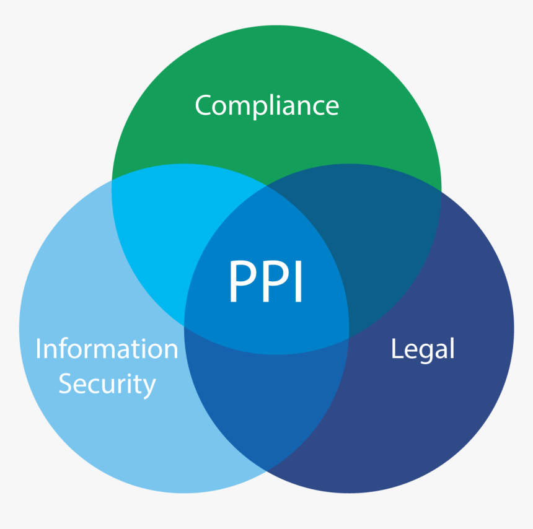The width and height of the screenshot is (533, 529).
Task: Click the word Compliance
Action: [266, 105]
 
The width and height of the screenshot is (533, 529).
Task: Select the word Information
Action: [107, 349]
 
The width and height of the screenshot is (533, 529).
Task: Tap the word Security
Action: [107, 384]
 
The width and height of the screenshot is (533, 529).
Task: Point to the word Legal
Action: [423, 349]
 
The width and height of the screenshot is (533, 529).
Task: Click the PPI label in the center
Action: [266, 282]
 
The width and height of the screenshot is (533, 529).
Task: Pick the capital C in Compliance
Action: [203, 105]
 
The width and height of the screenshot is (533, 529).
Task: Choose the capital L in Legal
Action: [395, 349]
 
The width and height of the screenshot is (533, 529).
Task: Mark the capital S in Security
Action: [65, 384]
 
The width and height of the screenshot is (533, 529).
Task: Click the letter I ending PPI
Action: [298, 282]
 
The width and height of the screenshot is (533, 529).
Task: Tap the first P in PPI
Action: [240, 282]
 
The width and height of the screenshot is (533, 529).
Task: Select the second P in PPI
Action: [273, 282]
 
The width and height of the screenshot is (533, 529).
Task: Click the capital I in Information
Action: [38, 349]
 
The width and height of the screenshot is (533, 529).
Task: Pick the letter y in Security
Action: [149, 387]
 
